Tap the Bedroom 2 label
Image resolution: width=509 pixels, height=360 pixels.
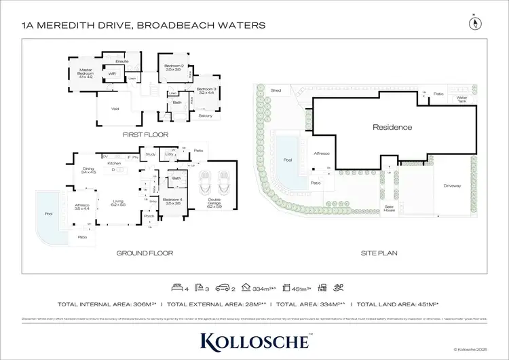172,68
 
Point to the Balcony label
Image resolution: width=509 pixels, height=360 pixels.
206,115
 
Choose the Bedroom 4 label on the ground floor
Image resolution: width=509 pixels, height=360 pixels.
172,200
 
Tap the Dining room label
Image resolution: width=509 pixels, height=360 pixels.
89,170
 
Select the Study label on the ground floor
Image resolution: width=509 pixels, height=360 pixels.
151,154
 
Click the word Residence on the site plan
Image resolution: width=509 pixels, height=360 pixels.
392,127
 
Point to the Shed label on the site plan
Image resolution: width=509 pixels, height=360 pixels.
276,90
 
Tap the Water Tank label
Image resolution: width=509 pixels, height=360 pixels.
462,100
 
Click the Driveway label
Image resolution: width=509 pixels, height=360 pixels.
453,185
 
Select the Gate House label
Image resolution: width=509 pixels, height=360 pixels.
389,208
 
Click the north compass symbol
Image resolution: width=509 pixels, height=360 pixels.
473,23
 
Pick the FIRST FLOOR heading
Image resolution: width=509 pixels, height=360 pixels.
145,134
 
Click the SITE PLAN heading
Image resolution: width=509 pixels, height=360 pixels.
379,253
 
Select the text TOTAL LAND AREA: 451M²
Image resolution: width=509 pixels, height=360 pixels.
398,304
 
